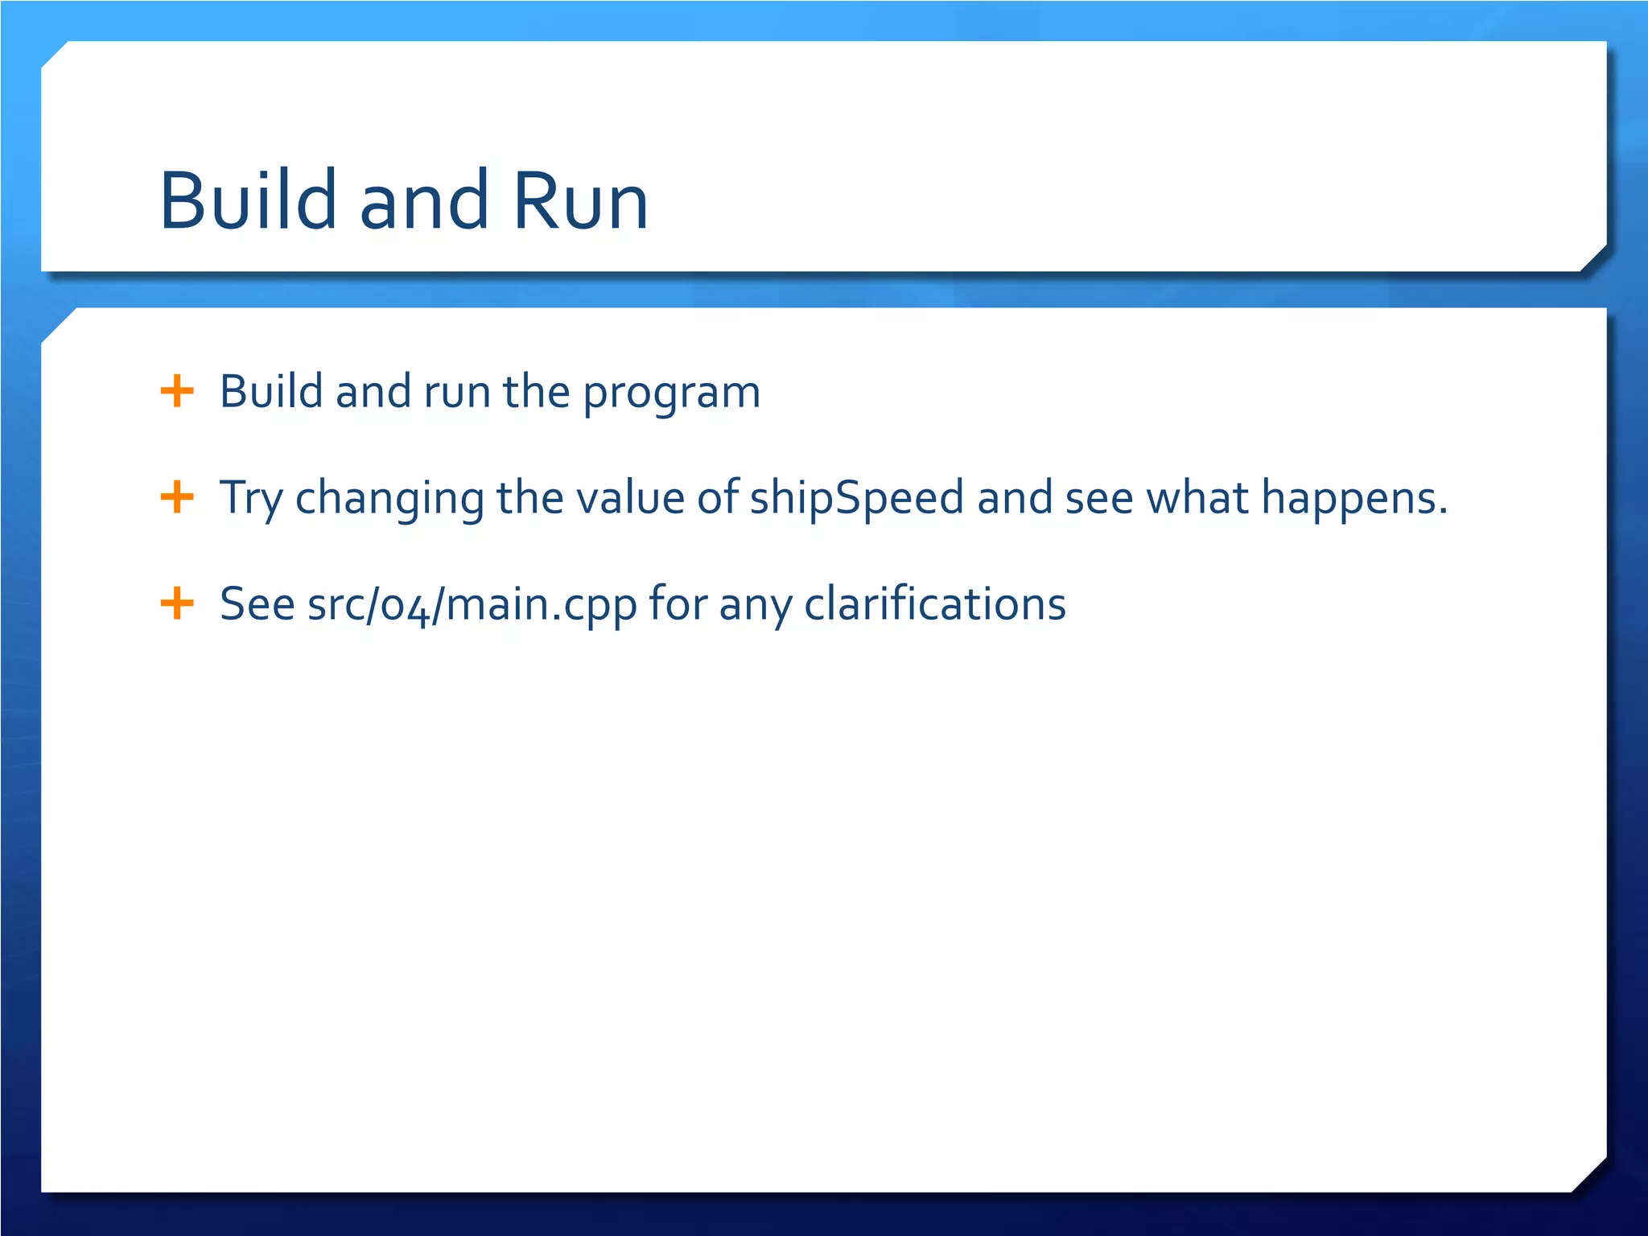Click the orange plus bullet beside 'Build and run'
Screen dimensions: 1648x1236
(177, 391)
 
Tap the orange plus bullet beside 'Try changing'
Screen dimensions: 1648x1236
(177, 497)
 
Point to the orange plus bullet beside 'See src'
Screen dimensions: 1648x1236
(177, 604)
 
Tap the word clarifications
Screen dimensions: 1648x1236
(935, 604)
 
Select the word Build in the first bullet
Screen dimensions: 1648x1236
(271, 391)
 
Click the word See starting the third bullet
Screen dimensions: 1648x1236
(257, 604)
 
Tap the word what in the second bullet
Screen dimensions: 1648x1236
(1197, 497)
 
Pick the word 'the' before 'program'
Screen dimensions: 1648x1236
(537, 391)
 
